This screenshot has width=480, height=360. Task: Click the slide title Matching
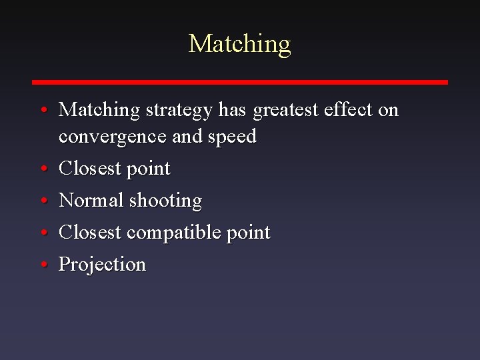(240, 44)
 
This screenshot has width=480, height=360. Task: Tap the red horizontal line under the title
(240, 82)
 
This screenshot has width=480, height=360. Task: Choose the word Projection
(102, 265)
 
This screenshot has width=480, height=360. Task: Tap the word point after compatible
(248, 233)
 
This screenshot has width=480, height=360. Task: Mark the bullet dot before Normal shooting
(42, 201)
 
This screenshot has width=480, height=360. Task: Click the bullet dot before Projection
(42, 265)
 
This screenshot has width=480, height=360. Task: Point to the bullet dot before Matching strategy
(42, 110)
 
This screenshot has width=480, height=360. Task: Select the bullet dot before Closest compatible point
(42, 233)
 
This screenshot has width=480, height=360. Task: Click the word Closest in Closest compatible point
(90, 233)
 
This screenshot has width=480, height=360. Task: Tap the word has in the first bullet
(232, 109)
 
